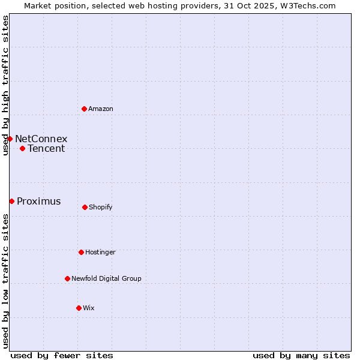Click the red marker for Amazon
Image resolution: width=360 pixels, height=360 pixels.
(84, 109)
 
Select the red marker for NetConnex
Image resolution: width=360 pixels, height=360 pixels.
(10, 139)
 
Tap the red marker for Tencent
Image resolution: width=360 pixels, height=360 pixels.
(22, 148)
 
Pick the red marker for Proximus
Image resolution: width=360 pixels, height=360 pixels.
(11, 201)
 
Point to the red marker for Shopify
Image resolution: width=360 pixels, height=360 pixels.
(85, 207)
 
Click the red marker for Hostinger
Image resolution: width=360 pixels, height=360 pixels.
(81, 252)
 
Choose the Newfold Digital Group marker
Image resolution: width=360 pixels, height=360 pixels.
(67, 278)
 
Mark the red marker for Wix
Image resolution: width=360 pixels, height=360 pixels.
(79, 308)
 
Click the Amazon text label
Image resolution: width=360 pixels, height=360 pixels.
(101, 109)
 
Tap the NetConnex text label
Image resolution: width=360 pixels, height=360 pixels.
(41, 139)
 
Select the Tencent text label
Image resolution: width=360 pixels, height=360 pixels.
(46, 149)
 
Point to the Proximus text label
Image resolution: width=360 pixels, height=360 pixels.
(38, 202)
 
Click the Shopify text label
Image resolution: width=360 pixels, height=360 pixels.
(101, 207)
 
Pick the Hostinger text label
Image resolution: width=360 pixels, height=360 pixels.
(100, 252)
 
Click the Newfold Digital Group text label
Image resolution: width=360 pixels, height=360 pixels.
(106, 278)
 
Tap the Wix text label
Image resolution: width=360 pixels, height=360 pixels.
(89, 308)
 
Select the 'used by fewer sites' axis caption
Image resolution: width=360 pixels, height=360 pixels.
(62, 355)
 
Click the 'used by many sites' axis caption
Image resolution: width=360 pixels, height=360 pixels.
(301, 355)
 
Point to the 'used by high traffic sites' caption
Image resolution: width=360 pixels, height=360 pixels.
(5, 85)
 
